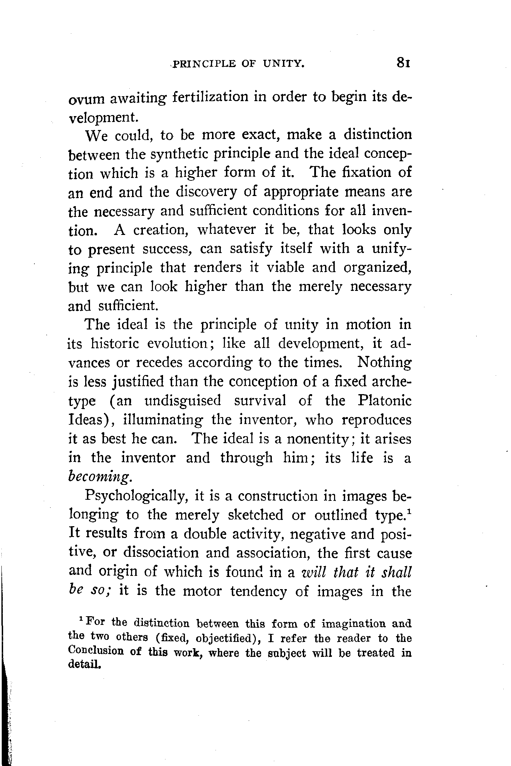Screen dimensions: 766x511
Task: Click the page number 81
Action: pos(403,64)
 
